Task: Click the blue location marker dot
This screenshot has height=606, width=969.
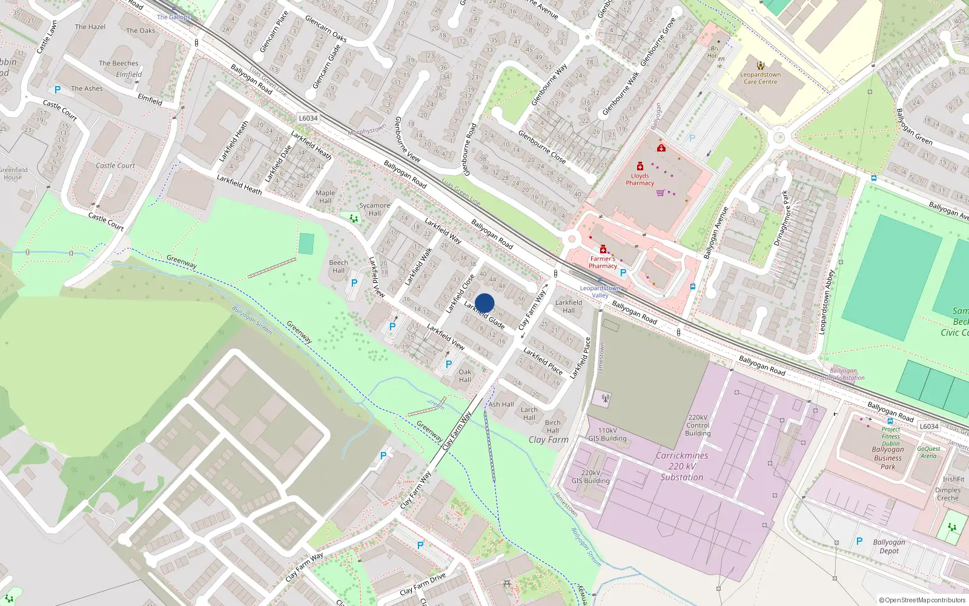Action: [x=484, y=303]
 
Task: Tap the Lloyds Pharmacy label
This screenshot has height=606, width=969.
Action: [x=640, y=179]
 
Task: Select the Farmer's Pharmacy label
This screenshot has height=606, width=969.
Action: [x=603, y=262]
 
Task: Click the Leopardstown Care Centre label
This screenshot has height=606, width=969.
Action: [x=761, y=78]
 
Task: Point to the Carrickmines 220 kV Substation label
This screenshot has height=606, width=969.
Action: [x=682, y=467]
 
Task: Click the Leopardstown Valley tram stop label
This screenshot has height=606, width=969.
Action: [x=600, y=291]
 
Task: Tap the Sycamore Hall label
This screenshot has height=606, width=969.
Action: [x=374, y=209]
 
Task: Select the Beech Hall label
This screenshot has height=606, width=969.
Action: [x=339, y=267]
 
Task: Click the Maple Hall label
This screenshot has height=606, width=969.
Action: [x=325, y=197]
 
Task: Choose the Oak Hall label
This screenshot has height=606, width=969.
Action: [x=465, y=376]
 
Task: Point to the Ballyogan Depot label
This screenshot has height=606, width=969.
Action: [x=888, y=547]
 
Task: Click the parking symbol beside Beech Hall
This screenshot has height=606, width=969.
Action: [x=354, y=282]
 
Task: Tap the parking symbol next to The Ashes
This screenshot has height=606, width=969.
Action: [x=58, y=90]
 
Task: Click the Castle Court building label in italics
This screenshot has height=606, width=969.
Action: [x=115, y=165]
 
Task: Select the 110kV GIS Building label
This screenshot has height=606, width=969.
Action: [x=607, y=435]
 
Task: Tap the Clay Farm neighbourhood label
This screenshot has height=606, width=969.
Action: [x=549, y=440]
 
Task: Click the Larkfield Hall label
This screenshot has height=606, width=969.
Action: [x=569, y=306]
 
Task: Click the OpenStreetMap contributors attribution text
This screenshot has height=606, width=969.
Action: [x=922, y=600]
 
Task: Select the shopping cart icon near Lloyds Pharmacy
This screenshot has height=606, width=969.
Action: [x=660, y=193]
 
